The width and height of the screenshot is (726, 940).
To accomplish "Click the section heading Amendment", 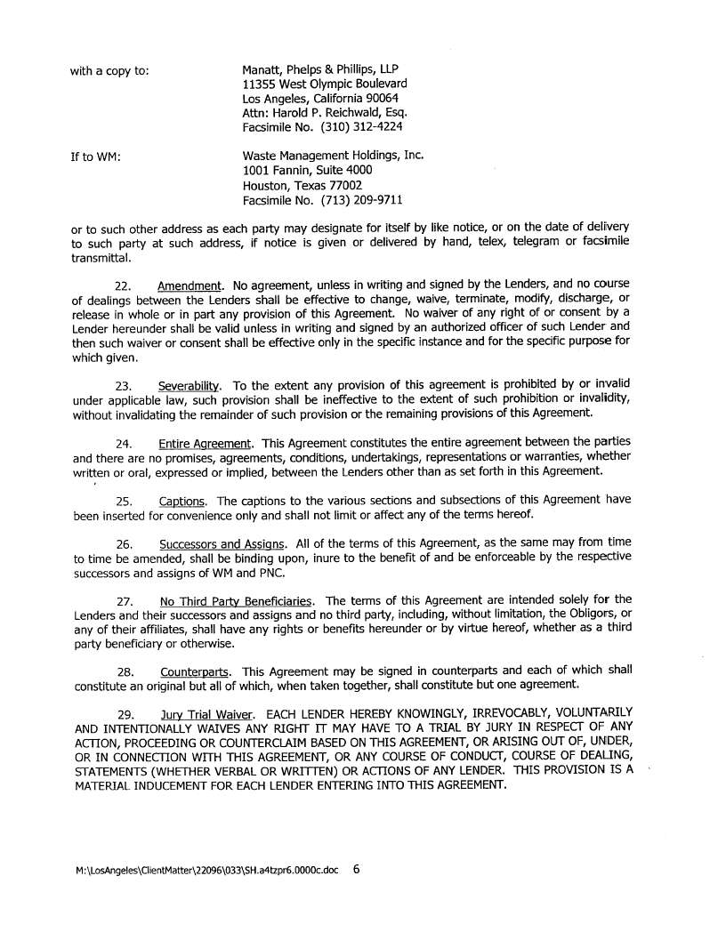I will coord(190,286).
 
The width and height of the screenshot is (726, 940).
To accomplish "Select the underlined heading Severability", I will coord(190,386).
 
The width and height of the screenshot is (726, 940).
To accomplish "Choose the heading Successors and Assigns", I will coord(222,543).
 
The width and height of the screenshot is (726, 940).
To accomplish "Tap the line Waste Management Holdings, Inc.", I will coord(333,155).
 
